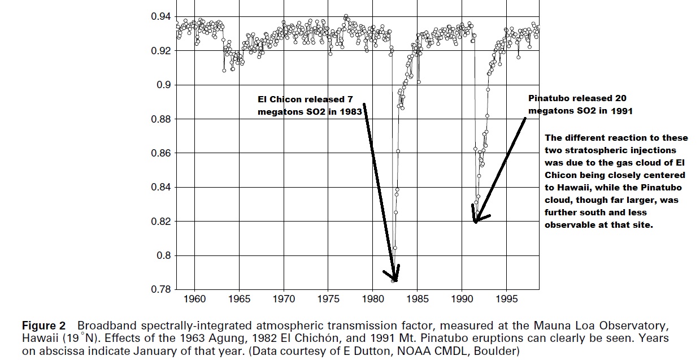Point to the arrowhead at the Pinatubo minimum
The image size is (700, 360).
click(x=476, y=220)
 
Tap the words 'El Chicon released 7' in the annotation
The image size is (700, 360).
click(x=305, y=99)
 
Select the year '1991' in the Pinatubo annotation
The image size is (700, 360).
click(x=620, y=111)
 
